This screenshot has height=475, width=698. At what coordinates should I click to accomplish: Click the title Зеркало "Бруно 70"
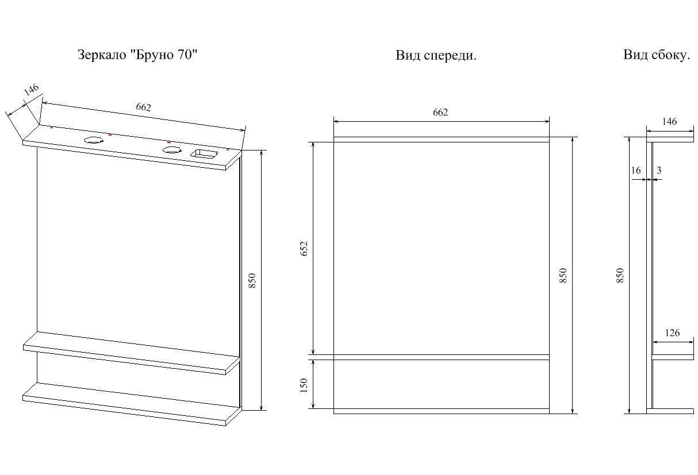(137, 55)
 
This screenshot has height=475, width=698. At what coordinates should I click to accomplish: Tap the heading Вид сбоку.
(657, 55)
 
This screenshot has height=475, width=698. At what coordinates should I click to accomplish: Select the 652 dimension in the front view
(304, 248)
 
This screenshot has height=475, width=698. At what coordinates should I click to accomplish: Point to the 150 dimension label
(304, 385)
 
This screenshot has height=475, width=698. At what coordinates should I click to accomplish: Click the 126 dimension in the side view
(672, 333)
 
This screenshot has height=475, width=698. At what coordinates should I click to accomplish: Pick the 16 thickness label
(636, 170)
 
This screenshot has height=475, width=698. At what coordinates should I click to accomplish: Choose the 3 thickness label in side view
(659, 170)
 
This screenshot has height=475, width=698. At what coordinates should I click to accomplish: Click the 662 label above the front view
(440, 112)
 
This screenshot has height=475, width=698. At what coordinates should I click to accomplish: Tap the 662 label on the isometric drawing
(143, 107)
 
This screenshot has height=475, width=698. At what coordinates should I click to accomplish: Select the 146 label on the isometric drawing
(32, 90)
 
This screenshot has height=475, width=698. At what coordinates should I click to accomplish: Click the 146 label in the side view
(669, 121)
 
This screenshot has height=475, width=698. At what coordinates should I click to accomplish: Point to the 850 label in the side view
(620, 275)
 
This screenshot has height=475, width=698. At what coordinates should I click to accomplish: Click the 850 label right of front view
(563, 275)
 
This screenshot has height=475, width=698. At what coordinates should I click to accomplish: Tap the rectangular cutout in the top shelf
(205, 154)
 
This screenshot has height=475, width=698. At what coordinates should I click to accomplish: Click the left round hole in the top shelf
(94, 140)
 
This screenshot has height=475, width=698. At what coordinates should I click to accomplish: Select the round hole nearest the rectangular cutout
(172, 150)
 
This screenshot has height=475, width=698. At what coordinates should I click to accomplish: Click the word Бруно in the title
(153, 55)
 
